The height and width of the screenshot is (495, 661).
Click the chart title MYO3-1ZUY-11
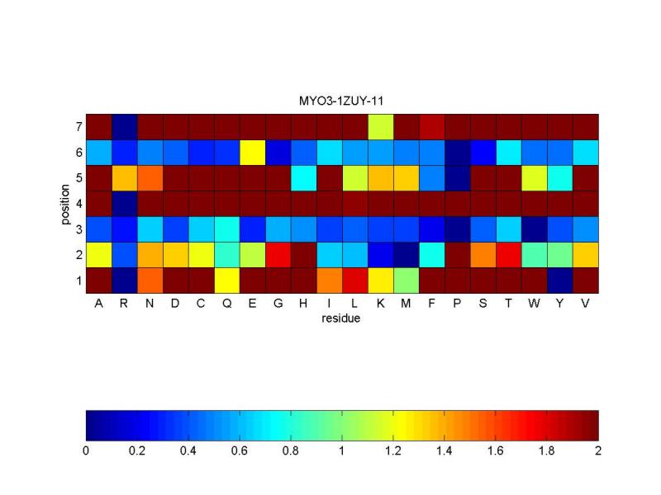point(341,101)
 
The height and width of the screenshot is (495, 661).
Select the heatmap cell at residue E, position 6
point(252,152)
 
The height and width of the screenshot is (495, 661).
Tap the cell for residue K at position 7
point(380,127)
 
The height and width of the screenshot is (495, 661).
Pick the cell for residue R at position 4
point(124,203)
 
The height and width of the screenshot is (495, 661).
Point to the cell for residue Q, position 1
point(226,280)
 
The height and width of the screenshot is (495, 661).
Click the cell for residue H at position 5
point(303,177)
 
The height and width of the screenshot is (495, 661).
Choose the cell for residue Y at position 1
point(559,280)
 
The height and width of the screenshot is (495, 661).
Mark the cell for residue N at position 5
point(150,177)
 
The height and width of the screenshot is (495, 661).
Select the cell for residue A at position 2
point(98,254)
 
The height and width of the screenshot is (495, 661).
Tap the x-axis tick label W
point(534,304)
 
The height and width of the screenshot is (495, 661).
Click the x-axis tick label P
point(457,304)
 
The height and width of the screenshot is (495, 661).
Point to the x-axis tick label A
point(98,304)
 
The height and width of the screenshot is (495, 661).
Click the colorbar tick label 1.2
point(393,452)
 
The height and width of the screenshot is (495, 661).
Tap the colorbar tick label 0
point(86,452)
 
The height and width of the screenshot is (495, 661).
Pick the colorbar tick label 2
point(598,452)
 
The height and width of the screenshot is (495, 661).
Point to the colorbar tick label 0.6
point(240,452)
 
